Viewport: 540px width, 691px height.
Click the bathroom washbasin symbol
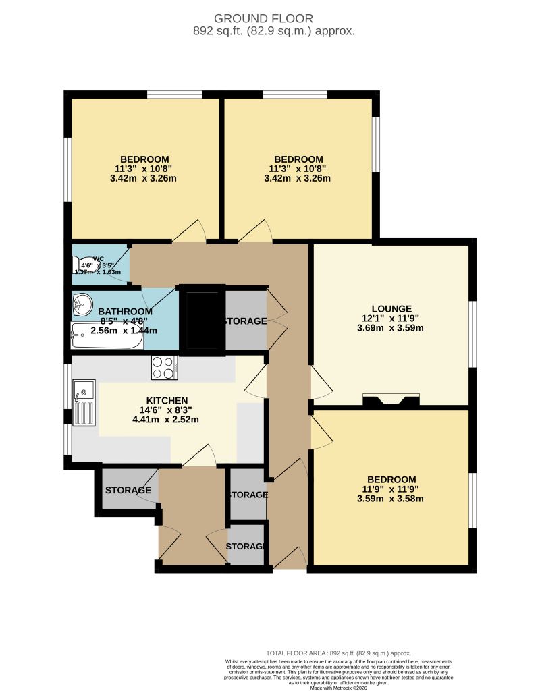click(x=82, y=304)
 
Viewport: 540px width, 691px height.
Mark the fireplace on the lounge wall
click(x=391, y=400)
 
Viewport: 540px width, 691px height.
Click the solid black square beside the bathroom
click(x=202, y=320)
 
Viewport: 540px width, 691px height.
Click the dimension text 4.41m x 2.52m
click(x=167, y=420)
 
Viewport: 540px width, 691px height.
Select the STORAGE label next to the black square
click(x=244, y=321)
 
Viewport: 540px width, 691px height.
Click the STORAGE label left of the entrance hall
click(x=128, y=490)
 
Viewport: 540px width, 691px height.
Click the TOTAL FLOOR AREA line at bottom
click(x=338, y=653)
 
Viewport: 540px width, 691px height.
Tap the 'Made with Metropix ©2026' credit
click(x=338, y=688)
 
